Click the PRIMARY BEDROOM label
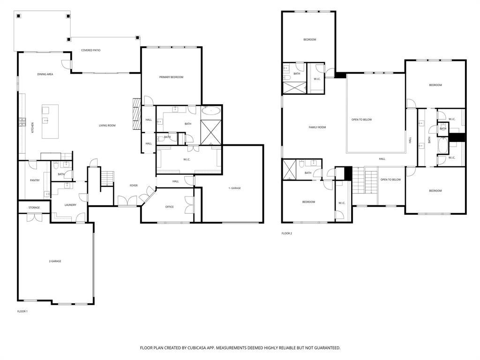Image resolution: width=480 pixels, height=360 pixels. click(171, 77)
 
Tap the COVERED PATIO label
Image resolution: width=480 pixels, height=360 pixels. click(90, 50)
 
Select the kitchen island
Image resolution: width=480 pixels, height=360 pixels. click(50, 121)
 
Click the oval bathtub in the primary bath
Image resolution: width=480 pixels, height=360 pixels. click(211, 112)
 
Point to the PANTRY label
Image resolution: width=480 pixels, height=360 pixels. click(35, 180)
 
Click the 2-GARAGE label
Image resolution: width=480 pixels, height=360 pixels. click(55, 261)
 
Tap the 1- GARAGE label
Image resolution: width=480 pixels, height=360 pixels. click(234, 188)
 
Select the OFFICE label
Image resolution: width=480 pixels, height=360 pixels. click(170, 207)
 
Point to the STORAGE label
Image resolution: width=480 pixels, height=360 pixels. click(34, 208)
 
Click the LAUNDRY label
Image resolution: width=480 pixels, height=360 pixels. click(64, 205)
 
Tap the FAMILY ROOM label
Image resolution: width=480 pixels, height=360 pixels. click(317, 127)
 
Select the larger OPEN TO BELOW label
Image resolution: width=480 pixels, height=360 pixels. click(361, 120)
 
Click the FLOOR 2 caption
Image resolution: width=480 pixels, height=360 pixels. click(286, 233)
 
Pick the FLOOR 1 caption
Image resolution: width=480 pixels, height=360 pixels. click(22, 311)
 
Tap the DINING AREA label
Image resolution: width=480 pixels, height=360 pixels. click(45, 74)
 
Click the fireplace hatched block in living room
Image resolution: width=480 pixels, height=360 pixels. click(136, 114)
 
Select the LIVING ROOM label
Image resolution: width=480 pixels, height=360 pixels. click(107, 126)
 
